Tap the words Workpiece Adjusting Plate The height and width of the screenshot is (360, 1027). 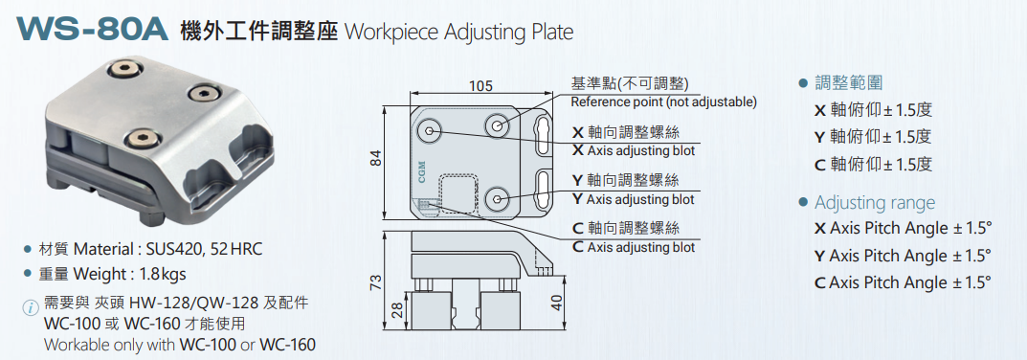coord(458,32)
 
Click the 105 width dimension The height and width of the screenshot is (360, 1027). coord(480,86)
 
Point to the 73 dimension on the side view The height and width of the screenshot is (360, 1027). coord(375,282)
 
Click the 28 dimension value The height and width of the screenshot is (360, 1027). coord(396,310)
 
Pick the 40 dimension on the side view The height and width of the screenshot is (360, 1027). coord(557,303)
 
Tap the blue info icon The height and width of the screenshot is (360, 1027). coord(30,307)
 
